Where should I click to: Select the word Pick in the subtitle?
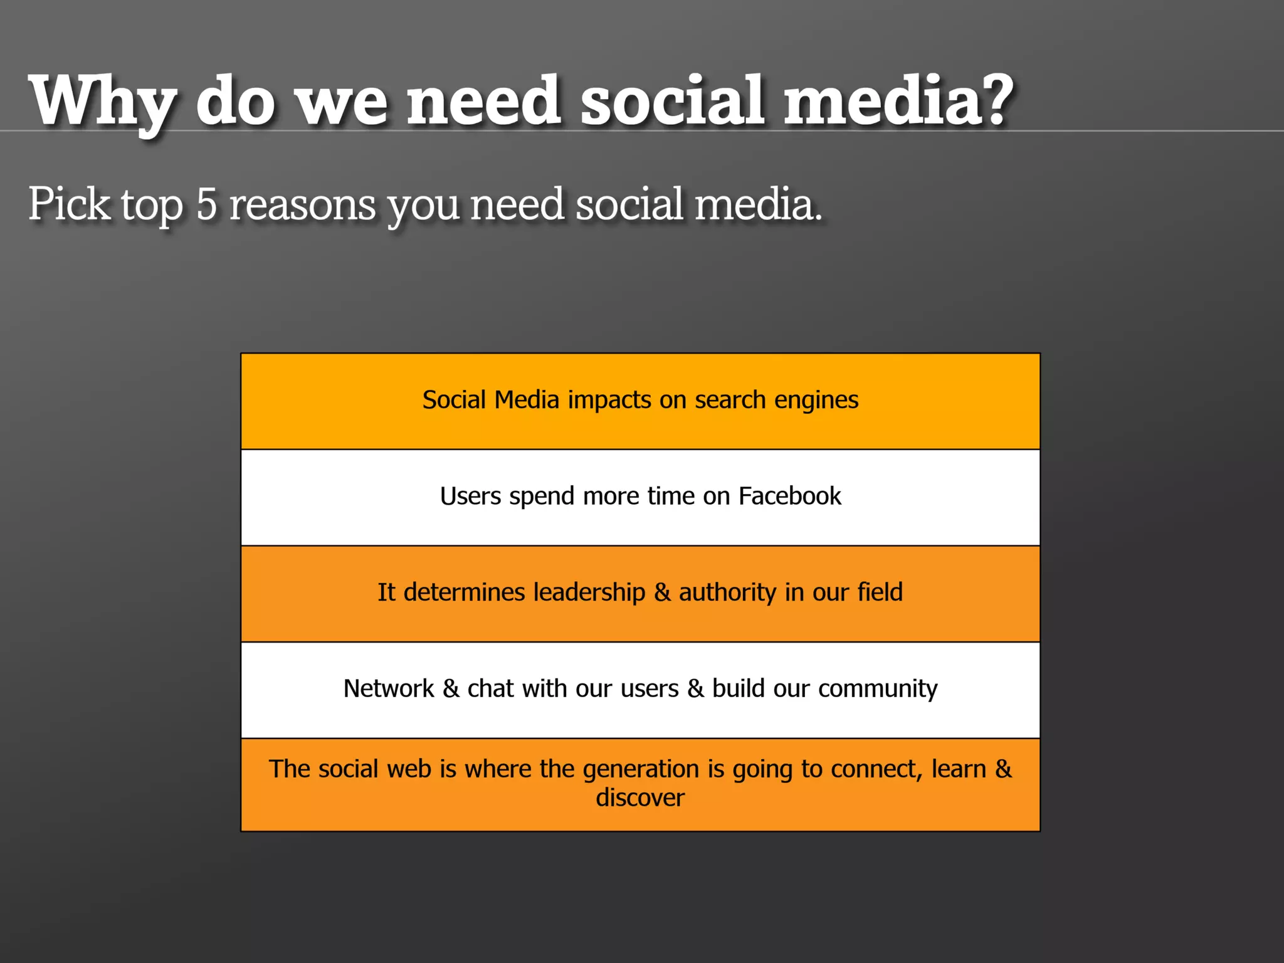pyautogui.click(x=69, y=204)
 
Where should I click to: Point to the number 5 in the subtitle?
pyautogui.click(x=206, y=204)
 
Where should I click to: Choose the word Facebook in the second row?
pyautogui.click(x=789, y=496)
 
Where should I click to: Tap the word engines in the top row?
pyautogui.click(x=816, y=401)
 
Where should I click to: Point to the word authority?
pyautogui.click(x=727, y=593)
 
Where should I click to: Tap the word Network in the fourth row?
pyautogui.click(x=389, y=688)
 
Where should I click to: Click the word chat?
pyautogui.click(x=490, y=688)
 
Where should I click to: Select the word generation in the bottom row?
pyautogui.click(x=640, y=769)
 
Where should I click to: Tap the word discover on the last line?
pyautogui.click(x=640, y=798)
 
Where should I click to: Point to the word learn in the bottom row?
pyautogui.click(x=959, y=769)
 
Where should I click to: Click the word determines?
pyautogui.click(x=464, y=592)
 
